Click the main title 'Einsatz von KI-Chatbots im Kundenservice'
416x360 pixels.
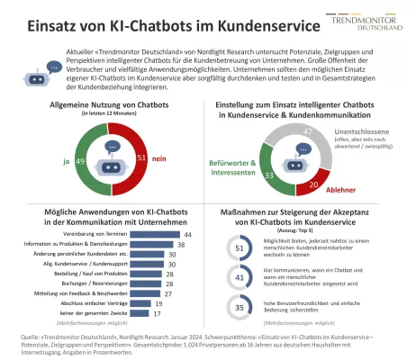166,25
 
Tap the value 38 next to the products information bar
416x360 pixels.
181,243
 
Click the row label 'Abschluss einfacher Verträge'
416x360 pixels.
88,304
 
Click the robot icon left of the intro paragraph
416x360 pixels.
42,68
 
